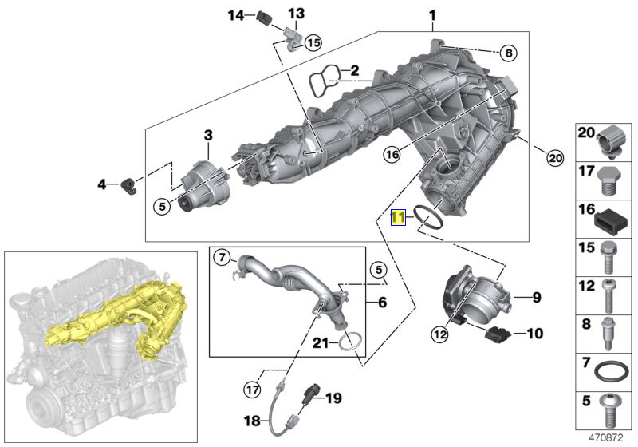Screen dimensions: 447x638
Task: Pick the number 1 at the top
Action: pos(431,15)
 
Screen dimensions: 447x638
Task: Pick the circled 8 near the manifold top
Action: pos(508,53)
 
